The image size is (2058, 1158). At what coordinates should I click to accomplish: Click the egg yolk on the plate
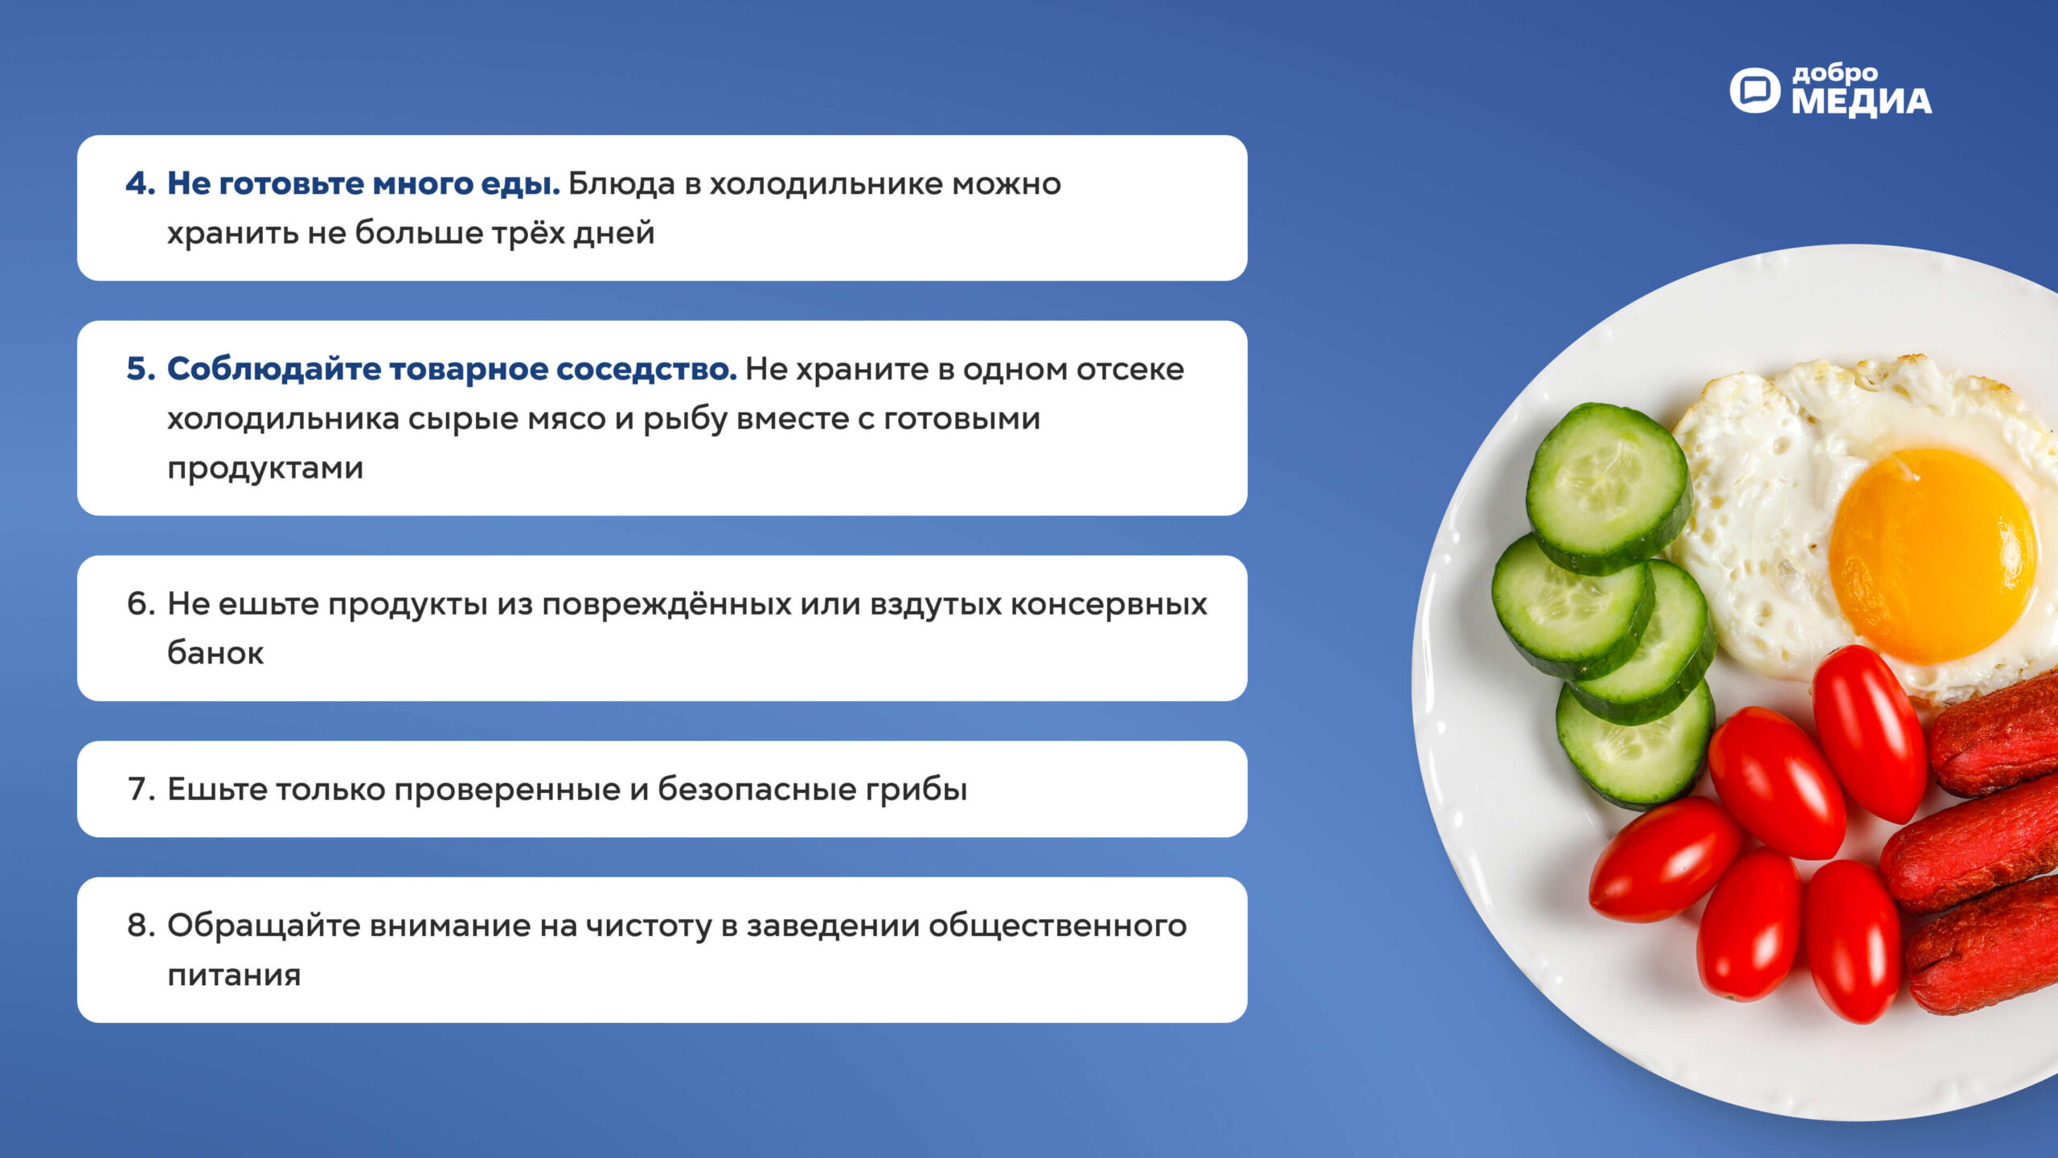(1932, 555)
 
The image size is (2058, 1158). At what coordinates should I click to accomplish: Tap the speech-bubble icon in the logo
(1755, 90)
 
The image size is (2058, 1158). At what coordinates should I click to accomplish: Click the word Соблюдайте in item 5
(274, 369)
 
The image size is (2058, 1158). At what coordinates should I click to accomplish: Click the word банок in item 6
(215, 652)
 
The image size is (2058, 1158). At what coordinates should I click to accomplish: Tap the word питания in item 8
(234, 975)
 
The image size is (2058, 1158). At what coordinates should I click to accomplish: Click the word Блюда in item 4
(621, 184)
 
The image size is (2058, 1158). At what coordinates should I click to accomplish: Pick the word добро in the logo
(1835, 74)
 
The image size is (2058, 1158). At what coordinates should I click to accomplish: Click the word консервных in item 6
(1109, 604)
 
